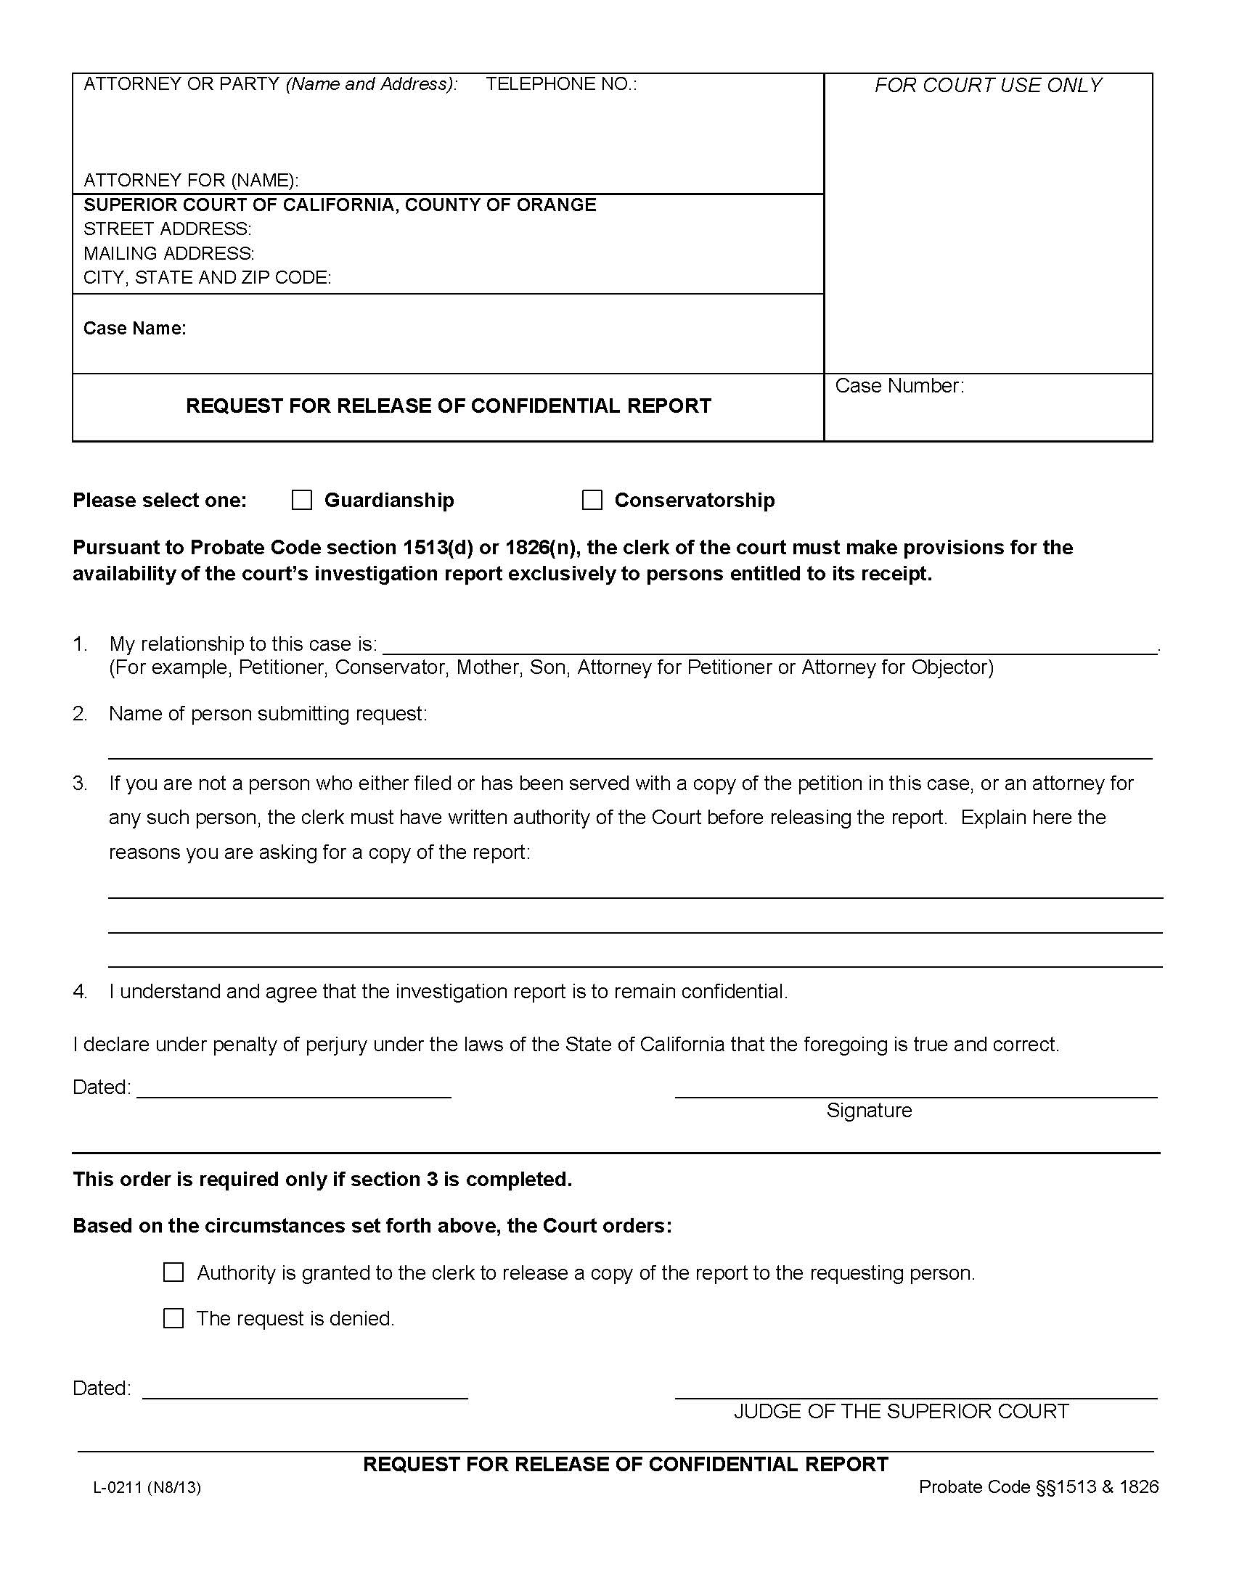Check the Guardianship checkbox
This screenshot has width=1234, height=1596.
click(301, 500)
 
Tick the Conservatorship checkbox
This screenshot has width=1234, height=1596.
click(592, 500)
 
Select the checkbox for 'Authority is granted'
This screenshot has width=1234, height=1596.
click(173, 1272)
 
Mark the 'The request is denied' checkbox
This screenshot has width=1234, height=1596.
click(173, 1317)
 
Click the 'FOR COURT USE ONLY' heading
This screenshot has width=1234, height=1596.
click(988, 86)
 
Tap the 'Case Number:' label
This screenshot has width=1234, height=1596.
click(899, 386)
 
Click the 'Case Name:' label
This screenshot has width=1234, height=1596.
click(134, 329)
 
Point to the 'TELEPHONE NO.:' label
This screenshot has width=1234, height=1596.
click(560, 84)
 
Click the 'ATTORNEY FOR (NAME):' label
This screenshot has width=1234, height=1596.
click(191, 180)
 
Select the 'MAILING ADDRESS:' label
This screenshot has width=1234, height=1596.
click(169, 254)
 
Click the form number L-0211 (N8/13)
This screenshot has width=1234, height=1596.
click(147, 1487)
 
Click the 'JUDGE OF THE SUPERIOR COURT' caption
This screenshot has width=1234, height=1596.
click(901, 1411)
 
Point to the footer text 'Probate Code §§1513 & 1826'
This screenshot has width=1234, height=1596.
click(1038, 1486)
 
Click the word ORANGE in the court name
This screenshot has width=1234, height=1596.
click(556, 205)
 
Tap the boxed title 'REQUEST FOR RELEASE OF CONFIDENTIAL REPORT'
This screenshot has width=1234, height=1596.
click(448, 406)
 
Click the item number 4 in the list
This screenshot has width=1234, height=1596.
click(80, 992)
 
